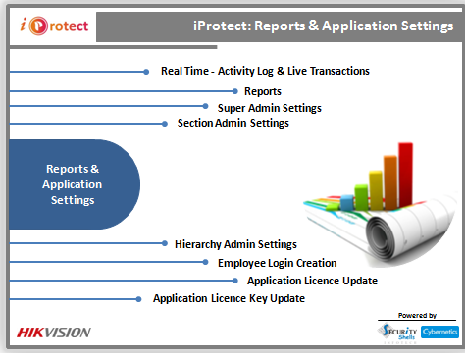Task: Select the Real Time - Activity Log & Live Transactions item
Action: pos(265,71)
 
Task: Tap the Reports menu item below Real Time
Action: pos(263,91)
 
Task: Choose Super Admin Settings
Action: pos(269,107)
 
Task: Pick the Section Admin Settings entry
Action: pos(232,123)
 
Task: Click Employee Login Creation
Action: pos(277,263)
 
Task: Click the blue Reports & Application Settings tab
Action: pos(73,184)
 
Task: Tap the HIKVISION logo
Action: pos(54,332)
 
